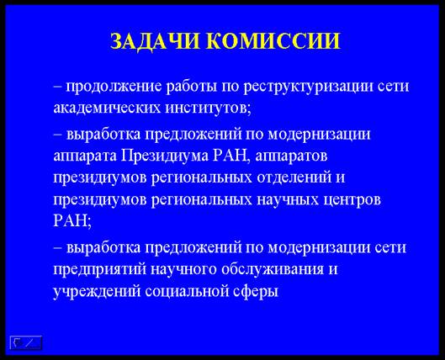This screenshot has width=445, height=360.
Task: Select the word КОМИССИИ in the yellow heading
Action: [276, 41]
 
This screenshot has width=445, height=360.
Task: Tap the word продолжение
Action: [114, 87]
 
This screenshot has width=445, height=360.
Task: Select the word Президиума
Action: [165, 156]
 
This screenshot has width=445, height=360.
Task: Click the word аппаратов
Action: [291, 156]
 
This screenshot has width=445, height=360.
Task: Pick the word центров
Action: [352, 200]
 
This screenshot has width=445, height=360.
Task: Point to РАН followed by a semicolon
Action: [72, 220]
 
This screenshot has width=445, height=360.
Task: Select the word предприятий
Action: [100, 269]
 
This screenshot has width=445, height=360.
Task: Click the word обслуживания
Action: [273, 269]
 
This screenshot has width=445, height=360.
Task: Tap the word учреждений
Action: [97, 291]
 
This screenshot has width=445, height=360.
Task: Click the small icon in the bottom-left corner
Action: [26, 342]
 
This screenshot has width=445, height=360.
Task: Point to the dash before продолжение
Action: [57, 87]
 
